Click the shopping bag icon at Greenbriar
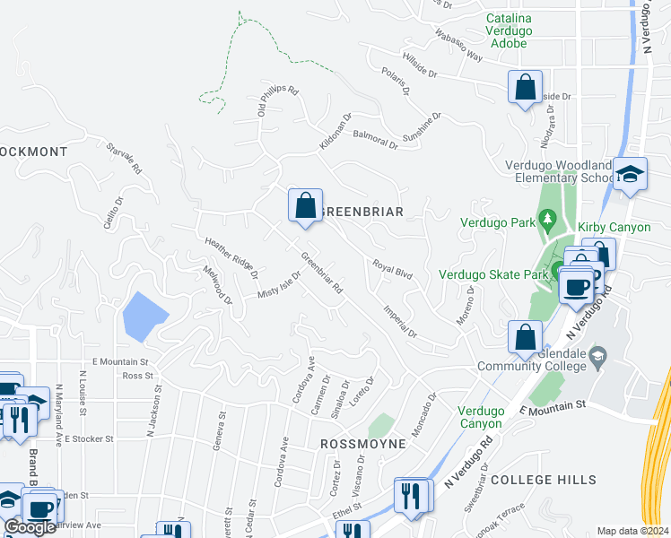pyautogui.click(x=305, y=205)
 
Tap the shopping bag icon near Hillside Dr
pyautogui.click(x=526, y=88)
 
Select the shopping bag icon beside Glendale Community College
pyautogui.click(x=526, y=337)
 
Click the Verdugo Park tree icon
pyautogui.click(x=547, y=220)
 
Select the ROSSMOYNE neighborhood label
pyautogui.click(x=358, y=444)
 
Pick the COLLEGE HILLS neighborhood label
pyautogui.click(x=544, y=480)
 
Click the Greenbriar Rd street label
pyautogui.click(x=322, y=273)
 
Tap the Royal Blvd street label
pyautogui.click(x=392, y=269)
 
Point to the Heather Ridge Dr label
pyautogui.click(x=231, y=257)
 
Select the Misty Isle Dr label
pyautogui.click(x=279, y=286)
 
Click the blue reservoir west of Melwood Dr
pyautogui.click(x=144, y=317)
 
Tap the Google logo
pyautogui.click(x=30, y=527)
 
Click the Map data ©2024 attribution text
pyautogui.click(x=632, y=531)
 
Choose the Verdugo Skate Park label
pyautogui.click(x=492, y=274)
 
